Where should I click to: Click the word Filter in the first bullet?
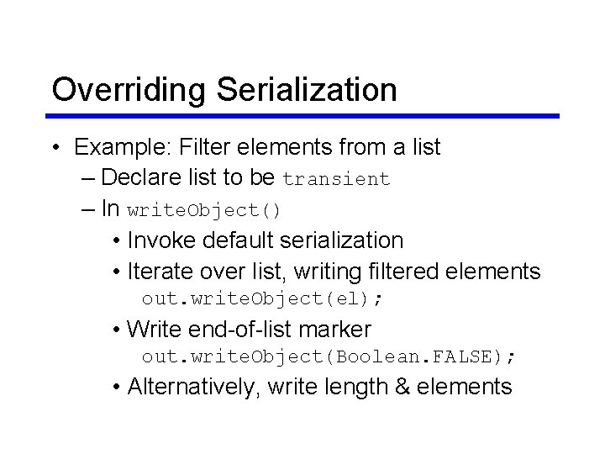(x=208, y=147)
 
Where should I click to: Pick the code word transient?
(x=337, y=179)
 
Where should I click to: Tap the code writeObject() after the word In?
(x=204, y=209)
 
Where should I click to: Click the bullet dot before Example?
(x=54, y=149)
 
